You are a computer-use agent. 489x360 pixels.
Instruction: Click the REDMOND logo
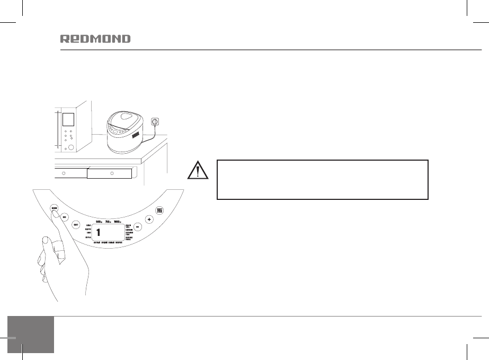click(x=95, y=39)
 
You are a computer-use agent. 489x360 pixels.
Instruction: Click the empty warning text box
click(x=322, y=180)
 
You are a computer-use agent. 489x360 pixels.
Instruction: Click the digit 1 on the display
click(x=99, y=233)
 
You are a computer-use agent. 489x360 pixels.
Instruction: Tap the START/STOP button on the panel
click(x=159, y=211)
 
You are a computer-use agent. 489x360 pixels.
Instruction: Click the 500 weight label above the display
click(x=99, y=222)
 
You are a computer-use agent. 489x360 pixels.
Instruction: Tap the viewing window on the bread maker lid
click(x=125, y=118)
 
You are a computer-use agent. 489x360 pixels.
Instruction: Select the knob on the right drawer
click(x=111, y=173)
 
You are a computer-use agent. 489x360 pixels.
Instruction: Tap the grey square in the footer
click(x=31, y=335)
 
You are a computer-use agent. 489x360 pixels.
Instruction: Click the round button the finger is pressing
click(x=54, y=208)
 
